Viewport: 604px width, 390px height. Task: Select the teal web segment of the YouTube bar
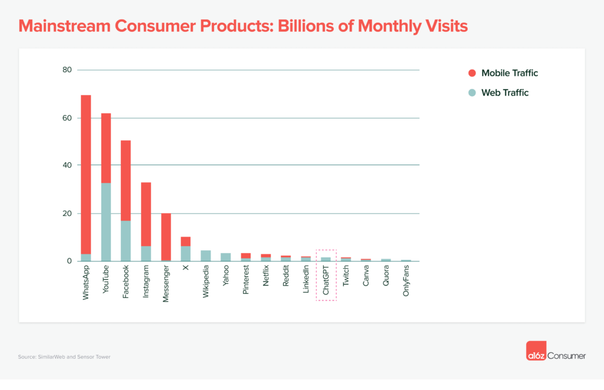pyautogui.click(x=106, y=222)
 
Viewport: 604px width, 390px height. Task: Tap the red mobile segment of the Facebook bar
pyautogui.click(x=126, y=181)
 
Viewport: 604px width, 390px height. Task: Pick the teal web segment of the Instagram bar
pyautogui.click(x=146, y=253)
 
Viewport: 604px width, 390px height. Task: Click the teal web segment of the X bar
pyautogui.click(x=185, y=253)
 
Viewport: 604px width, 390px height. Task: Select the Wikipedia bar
pyautogui.click(x=206, y=255)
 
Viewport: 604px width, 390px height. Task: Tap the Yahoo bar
pyautogui.click(x=225, y=257)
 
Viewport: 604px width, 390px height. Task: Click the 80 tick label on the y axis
pyautogui.click(x=67, y=70)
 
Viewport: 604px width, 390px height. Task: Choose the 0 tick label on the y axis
pyautogui.click(x=69, y=261)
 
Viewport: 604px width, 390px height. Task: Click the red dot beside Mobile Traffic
pyautogui.click(x=471, y=73)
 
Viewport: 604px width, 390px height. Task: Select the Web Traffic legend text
pyautogui.click(x=505, y=93)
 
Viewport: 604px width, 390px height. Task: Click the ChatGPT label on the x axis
pyautogui.click(x=326, y=284)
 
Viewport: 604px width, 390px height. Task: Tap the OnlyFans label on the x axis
pyautogui.click(x=406, y=283)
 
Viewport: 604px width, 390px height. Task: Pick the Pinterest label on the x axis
pyautogui.click(x=246, y=283)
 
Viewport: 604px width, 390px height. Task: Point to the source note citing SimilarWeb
pyautogui.click(x=64, y=356)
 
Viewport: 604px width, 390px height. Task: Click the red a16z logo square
pyautogui.click(x=536, y=352)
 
